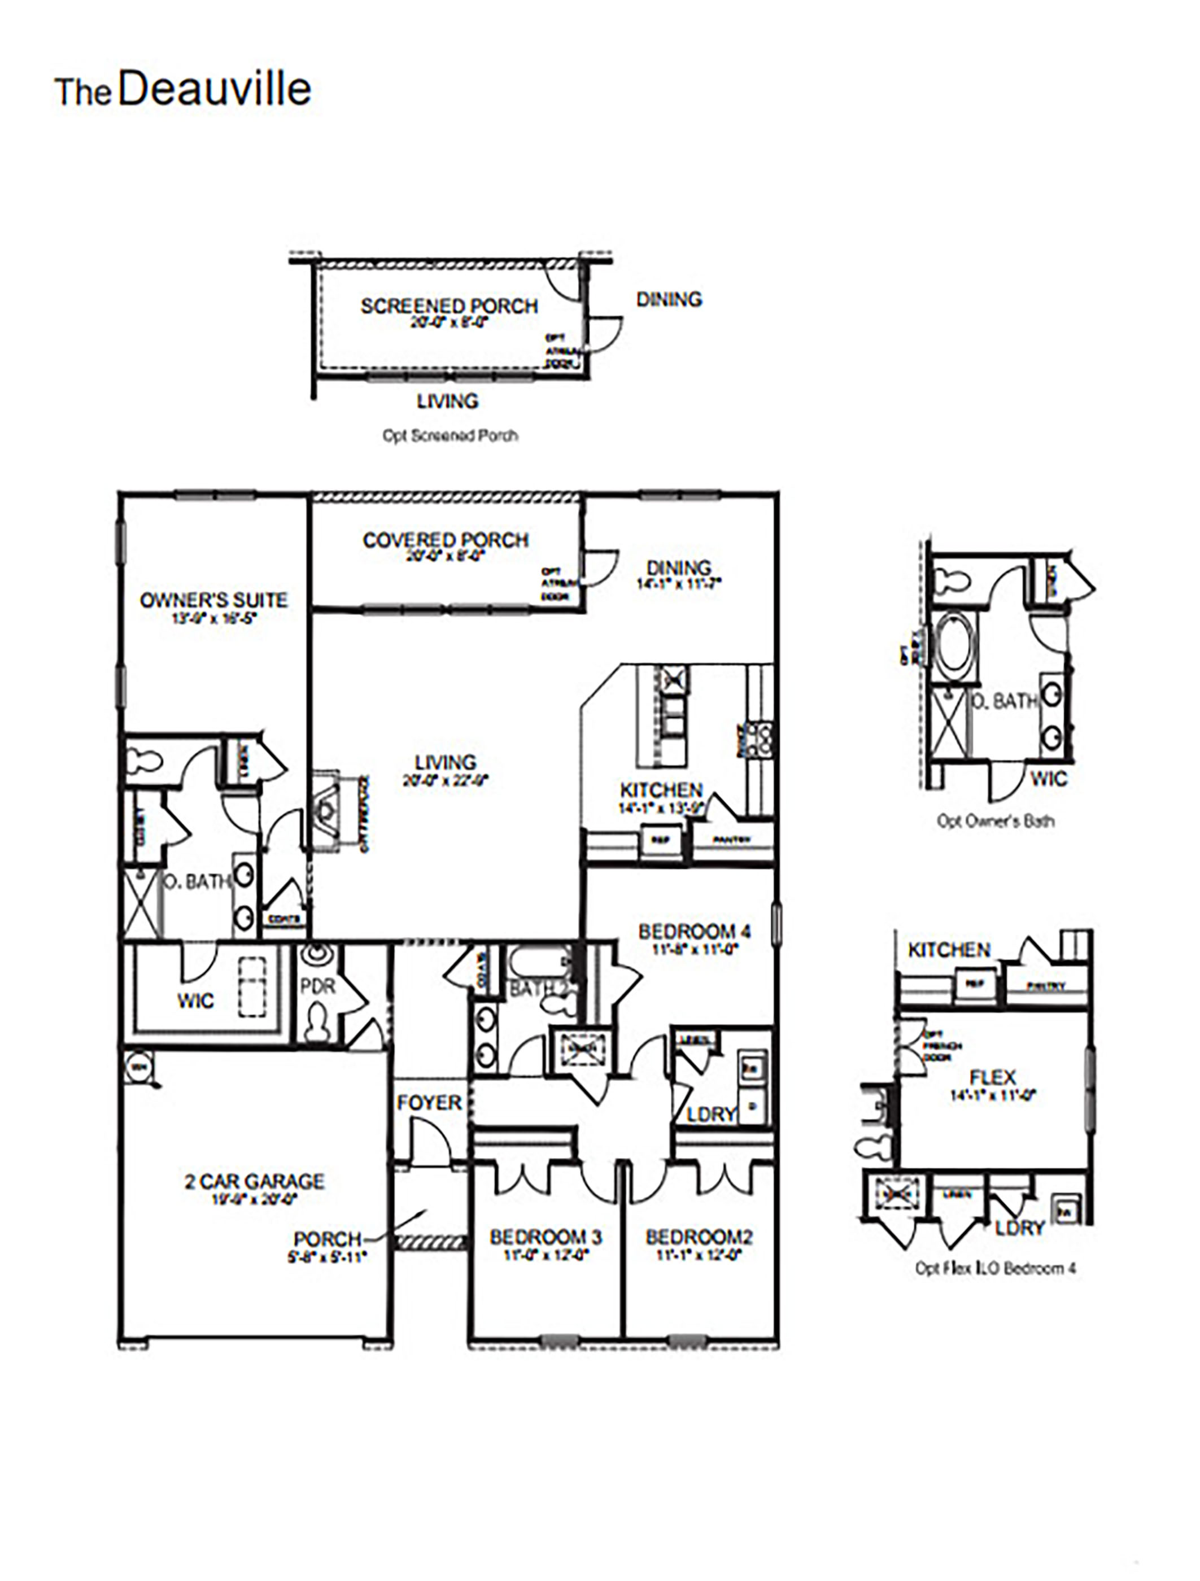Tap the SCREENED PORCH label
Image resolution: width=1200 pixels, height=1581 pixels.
[x=449, y=307]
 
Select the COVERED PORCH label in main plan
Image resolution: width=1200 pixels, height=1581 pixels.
[x=445, y=541]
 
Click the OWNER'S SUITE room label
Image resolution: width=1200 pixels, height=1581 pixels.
[x=213, y=600]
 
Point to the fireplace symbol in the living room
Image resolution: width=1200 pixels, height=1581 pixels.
[x=328, y=811]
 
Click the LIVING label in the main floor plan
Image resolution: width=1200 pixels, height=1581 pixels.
[x=445, y=763]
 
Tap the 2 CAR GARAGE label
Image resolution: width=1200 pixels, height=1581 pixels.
[x=255, y=1181]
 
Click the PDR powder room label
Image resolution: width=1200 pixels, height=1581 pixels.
[x=317, y=987]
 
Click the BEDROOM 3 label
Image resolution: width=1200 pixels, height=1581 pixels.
[x=546, y=1237]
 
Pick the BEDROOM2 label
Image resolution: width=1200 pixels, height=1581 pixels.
[x=699, y=1237]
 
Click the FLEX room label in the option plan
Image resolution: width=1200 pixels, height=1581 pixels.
[x=993, y=1077]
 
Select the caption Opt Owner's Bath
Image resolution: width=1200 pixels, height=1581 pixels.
[x=996, y=821]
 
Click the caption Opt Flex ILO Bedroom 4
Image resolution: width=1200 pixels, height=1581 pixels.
[x=996, y=1269]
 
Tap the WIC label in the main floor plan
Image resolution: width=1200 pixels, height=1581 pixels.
[x=195, y=1001]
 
